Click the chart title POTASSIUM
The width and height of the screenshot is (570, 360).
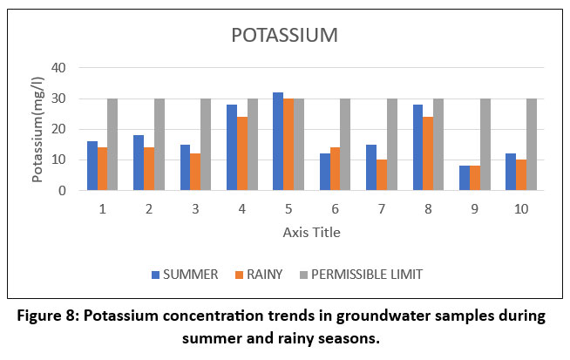pos(284,36)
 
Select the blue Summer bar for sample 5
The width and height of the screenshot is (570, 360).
pos(277,141)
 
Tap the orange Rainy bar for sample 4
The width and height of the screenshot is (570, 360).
pos(241,153)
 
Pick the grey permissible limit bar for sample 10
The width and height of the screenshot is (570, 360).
pos(531,145)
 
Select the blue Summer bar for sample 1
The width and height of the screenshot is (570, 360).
pos(92,166)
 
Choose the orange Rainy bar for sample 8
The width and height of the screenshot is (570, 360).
pos(427,153)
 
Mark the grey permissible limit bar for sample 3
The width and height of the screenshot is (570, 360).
pos(206,145)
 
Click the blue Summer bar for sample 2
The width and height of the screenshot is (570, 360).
pos(138,163)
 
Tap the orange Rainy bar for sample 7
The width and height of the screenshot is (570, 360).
pos(381,175)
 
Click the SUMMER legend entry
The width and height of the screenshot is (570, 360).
pos(184,275)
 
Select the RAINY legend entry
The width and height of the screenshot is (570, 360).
pos(258,275)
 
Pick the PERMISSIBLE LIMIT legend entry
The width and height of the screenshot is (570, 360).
pos(364,275)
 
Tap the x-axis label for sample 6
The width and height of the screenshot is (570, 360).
pos(334,210)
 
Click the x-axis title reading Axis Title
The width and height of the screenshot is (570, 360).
pos(311,233)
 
